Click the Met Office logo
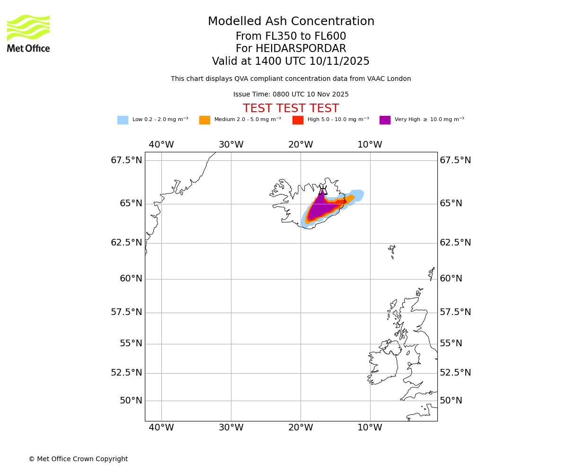(28, 33)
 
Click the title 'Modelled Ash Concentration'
(291, 22)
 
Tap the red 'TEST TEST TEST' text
(291, 109)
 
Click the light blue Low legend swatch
(123, 120)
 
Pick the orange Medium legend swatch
(204, 120)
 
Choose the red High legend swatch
(298, 120)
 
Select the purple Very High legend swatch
(385, 120)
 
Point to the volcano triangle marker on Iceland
(323, 191)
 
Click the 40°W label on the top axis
(161, 145)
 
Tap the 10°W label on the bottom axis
(370, 428)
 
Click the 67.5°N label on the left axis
(126, 160)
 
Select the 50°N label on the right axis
(451, 401)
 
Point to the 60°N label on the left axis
(131, 279)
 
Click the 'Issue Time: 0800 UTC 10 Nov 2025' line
(291, 95)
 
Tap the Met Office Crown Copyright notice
(78, 459)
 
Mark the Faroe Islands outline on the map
(392, 251)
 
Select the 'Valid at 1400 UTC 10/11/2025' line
(291, 61)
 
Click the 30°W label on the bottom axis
(231, 428)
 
